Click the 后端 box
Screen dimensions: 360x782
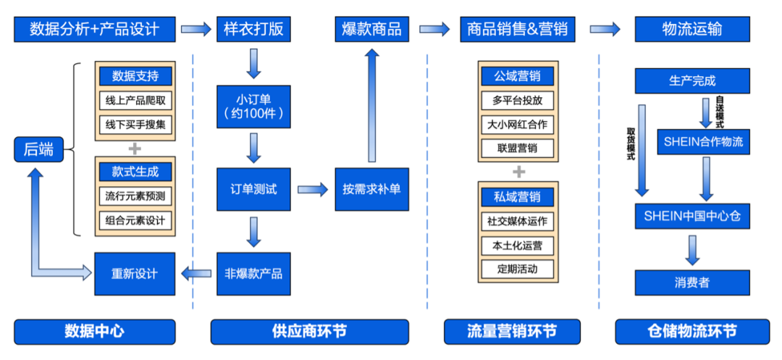38,150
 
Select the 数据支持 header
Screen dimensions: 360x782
135,76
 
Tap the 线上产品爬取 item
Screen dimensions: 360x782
135,100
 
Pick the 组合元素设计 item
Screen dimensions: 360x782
135,219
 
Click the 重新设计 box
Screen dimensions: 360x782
134,274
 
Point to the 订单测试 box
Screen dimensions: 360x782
253,190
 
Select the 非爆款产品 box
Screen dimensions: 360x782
253,274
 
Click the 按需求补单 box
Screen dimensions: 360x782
371,190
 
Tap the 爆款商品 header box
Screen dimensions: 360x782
371,30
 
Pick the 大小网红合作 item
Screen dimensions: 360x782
518,125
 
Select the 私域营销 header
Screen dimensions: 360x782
518,196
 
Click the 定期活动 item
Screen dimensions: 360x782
518,269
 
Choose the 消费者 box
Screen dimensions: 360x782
691,282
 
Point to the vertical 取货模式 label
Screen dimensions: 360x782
631,144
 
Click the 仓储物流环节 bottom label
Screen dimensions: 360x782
691,331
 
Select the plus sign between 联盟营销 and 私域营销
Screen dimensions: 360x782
518,172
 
